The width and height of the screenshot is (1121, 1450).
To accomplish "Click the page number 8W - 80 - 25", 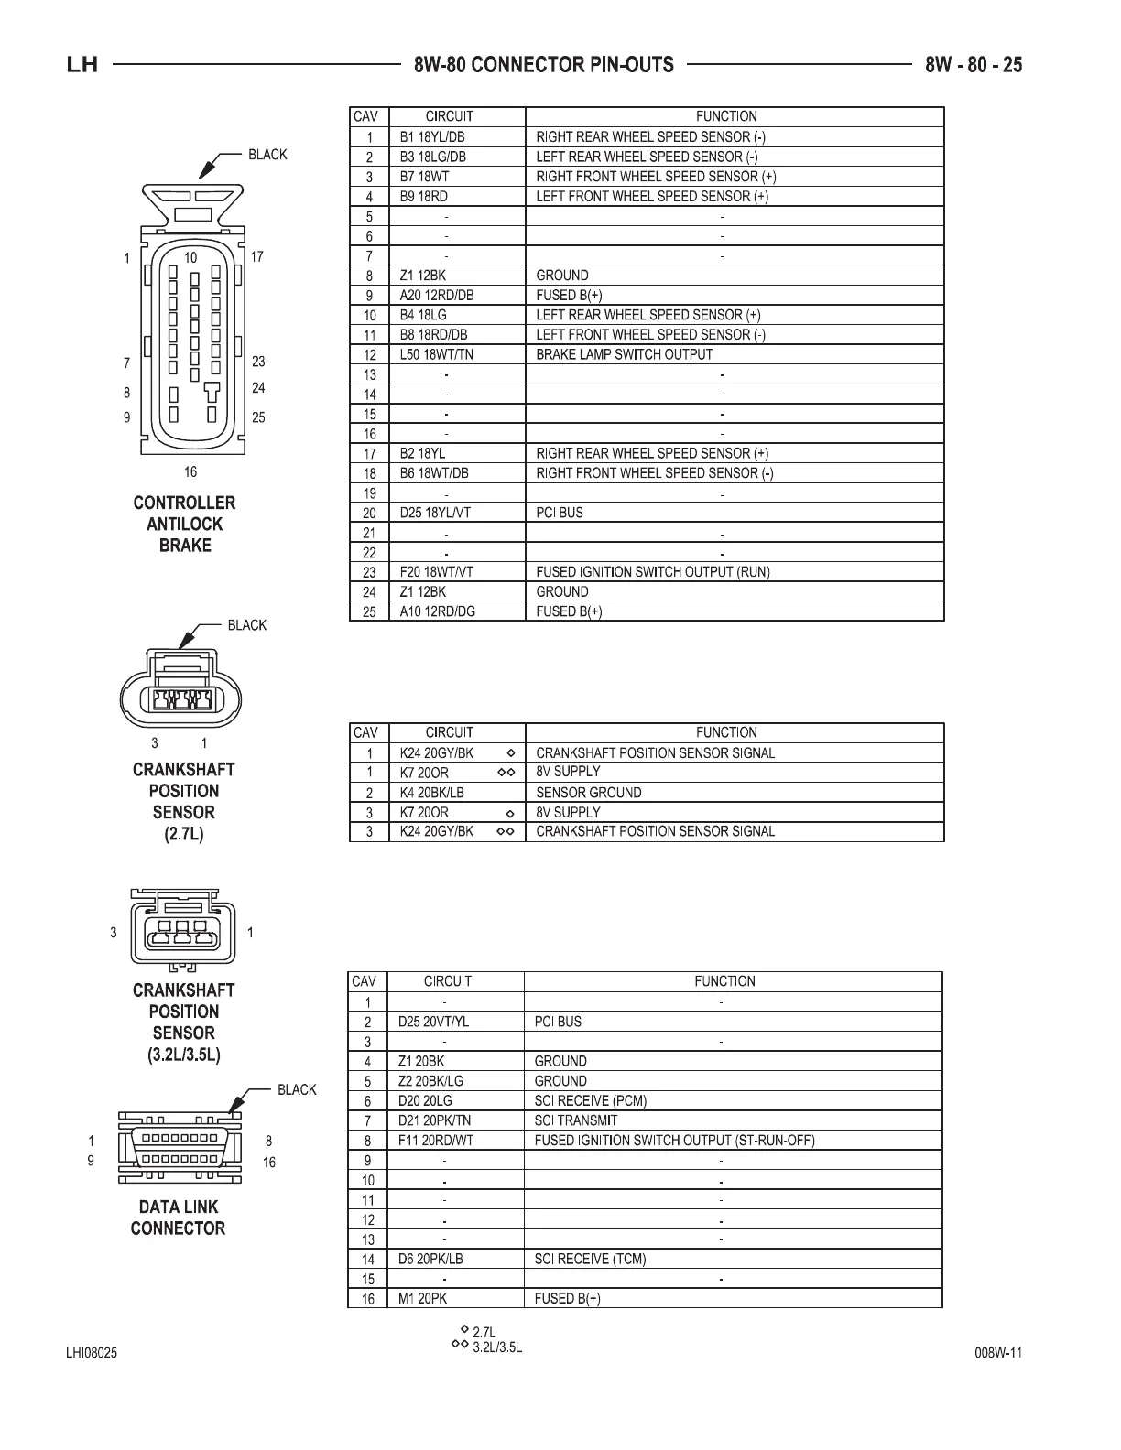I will tap(974, 64).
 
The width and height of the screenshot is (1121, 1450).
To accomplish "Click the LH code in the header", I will tap(82, 65).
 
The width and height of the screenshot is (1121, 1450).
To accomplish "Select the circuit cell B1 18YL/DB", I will tap(433, 136).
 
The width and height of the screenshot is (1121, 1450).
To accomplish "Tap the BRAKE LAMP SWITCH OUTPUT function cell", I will tap(624, 354).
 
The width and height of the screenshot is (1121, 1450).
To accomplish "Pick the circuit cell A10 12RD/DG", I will tap(438, 611).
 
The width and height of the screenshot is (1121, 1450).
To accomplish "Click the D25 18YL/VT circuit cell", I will tap(435, 513).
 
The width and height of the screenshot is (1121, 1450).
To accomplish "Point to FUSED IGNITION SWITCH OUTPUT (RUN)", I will tap(652, 572).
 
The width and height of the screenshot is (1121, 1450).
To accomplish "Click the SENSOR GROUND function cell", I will tap(588, 793).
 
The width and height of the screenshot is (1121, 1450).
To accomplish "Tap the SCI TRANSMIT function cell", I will tap(575, 1120).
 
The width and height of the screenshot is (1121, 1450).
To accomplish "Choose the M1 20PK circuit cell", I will tap(422, 1299).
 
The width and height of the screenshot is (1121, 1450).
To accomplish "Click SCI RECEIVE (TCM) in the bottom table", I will tap(590, 1259).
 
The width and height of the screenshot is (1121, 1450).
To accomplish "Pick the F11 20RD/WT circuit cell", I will tap(435, 1141).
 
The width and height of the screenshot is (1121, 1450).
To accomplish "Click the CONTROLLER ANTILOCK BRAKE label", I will tap(184, 524).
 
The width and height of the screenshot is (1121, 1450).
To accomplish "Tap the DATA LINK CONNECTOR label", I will tap(178, 1217).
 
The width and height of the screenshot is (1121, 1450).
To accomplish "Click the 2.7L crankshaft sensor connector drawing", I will tap(182, 688).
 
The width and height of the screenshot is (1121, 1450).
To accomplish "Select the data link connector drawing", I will tap(180, 1148).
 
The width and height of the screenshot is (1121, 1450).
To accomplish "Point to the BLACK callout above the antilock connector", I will tap(267, 155).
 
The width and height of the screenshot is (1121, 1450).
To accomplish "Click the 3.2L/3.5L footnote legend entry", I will tap(496, 1348).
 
